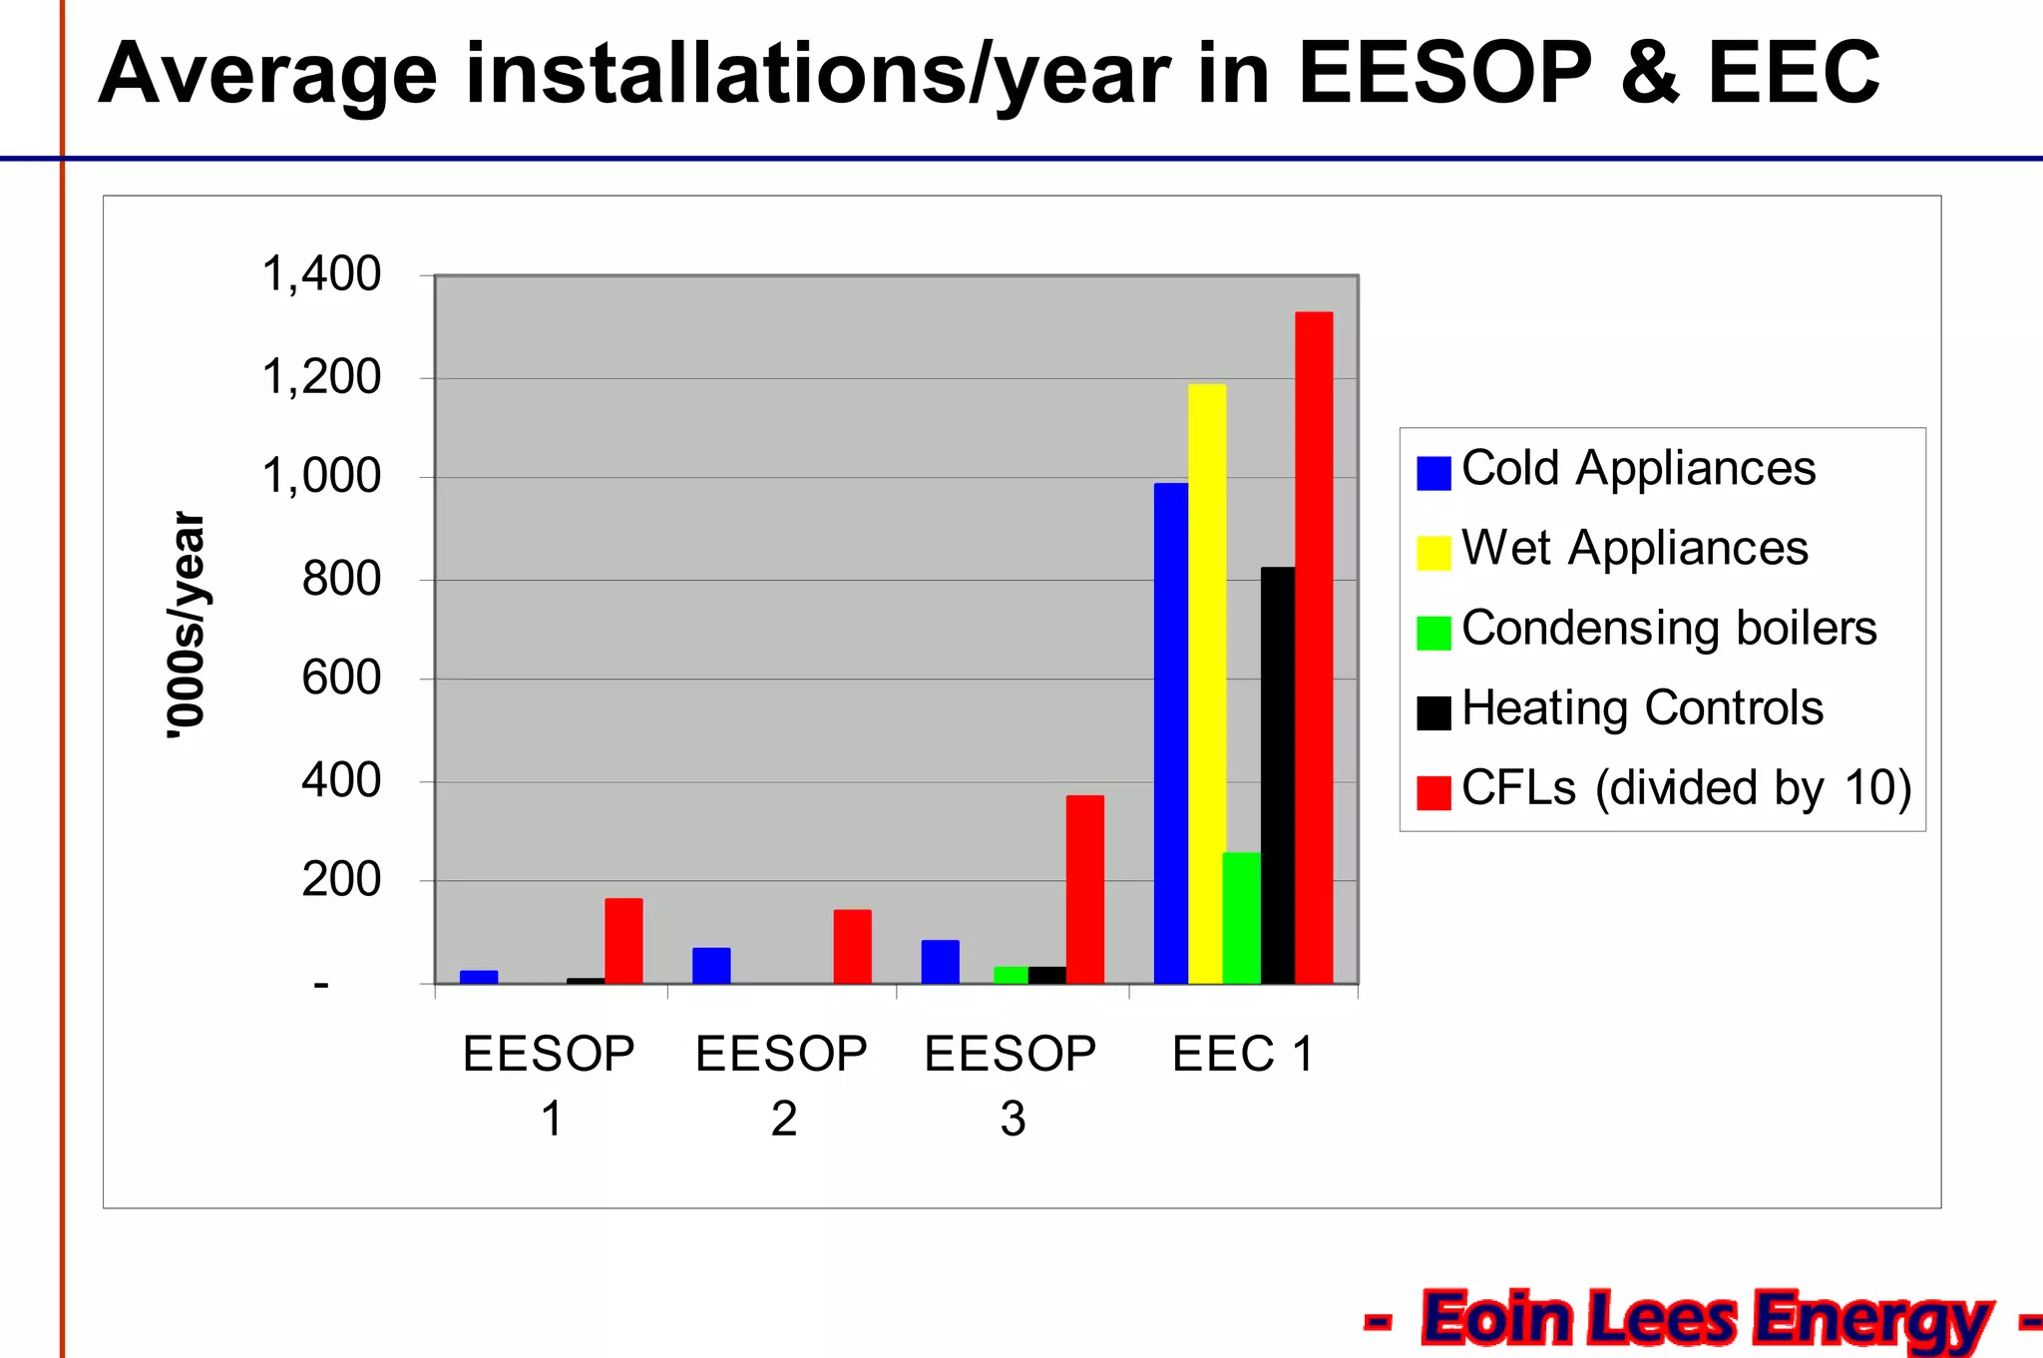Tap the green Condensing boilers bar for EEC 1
1241,918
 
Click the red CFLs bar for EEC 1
1314,648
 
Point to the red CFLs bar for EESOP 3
1084,889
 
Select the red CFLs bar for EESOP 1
623,941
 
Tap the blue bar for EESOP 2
711,965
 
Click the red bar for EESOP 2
852,946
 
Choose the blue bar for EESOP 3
940,961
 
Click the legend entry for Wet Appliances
1634,549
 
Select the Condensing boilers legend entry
1668,629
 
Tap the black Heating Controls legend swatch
1432,712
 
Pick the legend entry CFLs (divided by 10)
1685,788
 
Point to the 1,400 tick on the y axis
320,274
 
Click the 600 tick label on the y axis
341,679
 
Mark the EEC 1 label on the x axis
1242,1055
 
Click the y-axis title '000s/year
188,626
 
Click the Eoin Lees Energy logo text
1705,1319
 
